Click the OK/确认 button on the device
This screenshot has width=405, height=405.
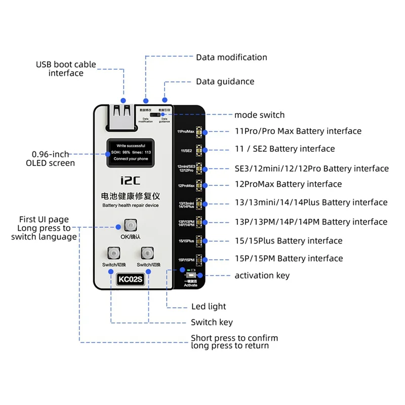point(131,225)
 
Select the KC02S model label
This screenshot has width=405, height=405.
point(131,279)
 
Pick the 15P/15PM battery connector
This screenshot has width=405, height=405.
point(199,259)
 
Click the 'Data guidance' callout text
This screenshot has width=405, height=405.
point(225,82)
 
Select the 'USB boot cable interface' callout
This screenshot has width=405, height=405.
point(66,69)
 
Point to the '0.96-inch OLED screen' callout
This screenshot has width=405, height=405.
point(50,158)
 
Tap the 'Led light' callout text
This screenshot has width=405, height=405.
point(209,306)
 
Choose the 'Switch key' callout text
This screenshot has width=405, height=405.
point(212,322)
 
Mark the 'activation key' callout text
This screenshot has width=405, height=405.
point(262,275)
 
